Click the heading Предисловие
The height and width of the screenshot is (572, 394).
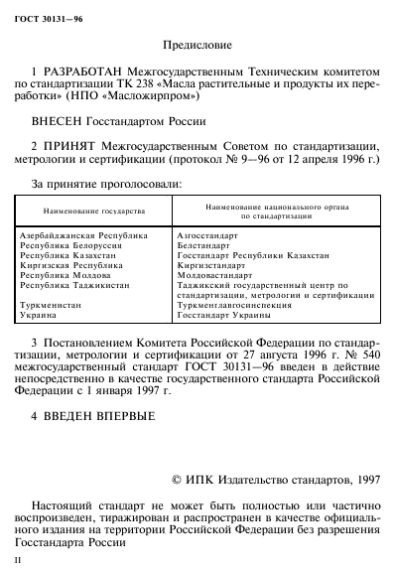(x=197, y=44)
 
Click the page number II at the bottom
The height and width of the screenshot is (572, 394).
(x=11, y=563)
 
